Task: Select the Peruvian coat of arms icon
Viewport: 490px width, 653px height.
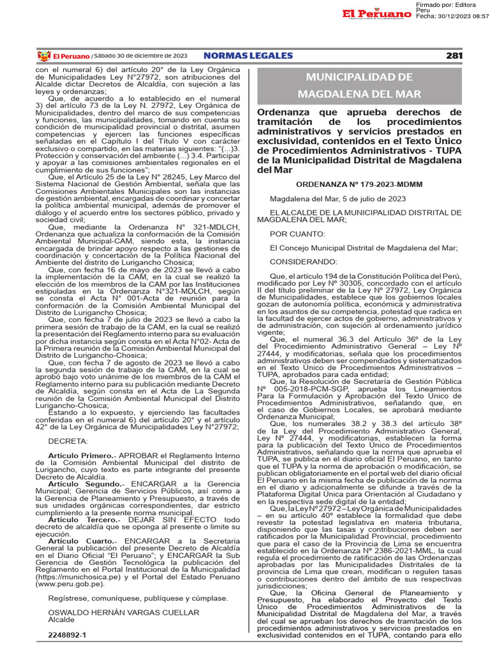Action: (43, 56)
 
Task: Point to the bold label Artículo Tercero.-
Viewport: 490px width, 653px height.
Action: (82, 520)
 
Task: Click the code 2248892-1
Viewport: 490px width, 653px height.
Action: (66, 635)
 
